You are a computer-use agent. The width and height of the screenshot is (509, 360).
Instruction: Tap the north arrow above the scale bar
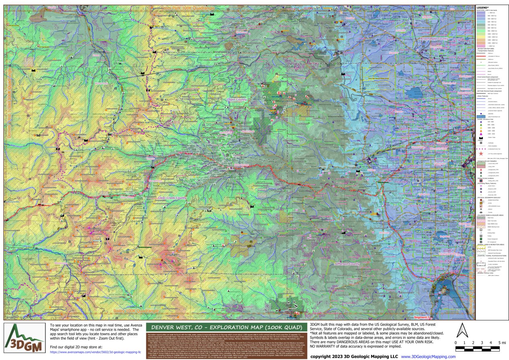click(462, 331)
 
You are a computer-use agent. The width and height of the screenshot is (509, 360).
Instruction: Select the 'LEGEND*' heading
click(482, 8)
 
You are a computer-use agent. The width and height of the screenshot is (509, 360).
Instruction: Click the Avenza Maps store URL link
click(95, 352)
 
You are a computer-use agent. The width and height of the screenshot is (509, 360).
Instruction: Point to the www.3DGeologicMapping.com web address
click(428, 356)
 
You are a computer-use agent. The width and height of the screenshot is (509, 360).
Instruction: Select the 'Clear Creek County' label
click(172, 198)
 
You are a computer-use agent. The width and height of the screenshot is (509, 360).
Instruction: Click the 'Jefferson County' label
click(347, 264)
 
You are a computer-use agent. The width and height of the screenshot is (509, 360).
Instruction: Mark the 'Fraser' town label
click(96, 55)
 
